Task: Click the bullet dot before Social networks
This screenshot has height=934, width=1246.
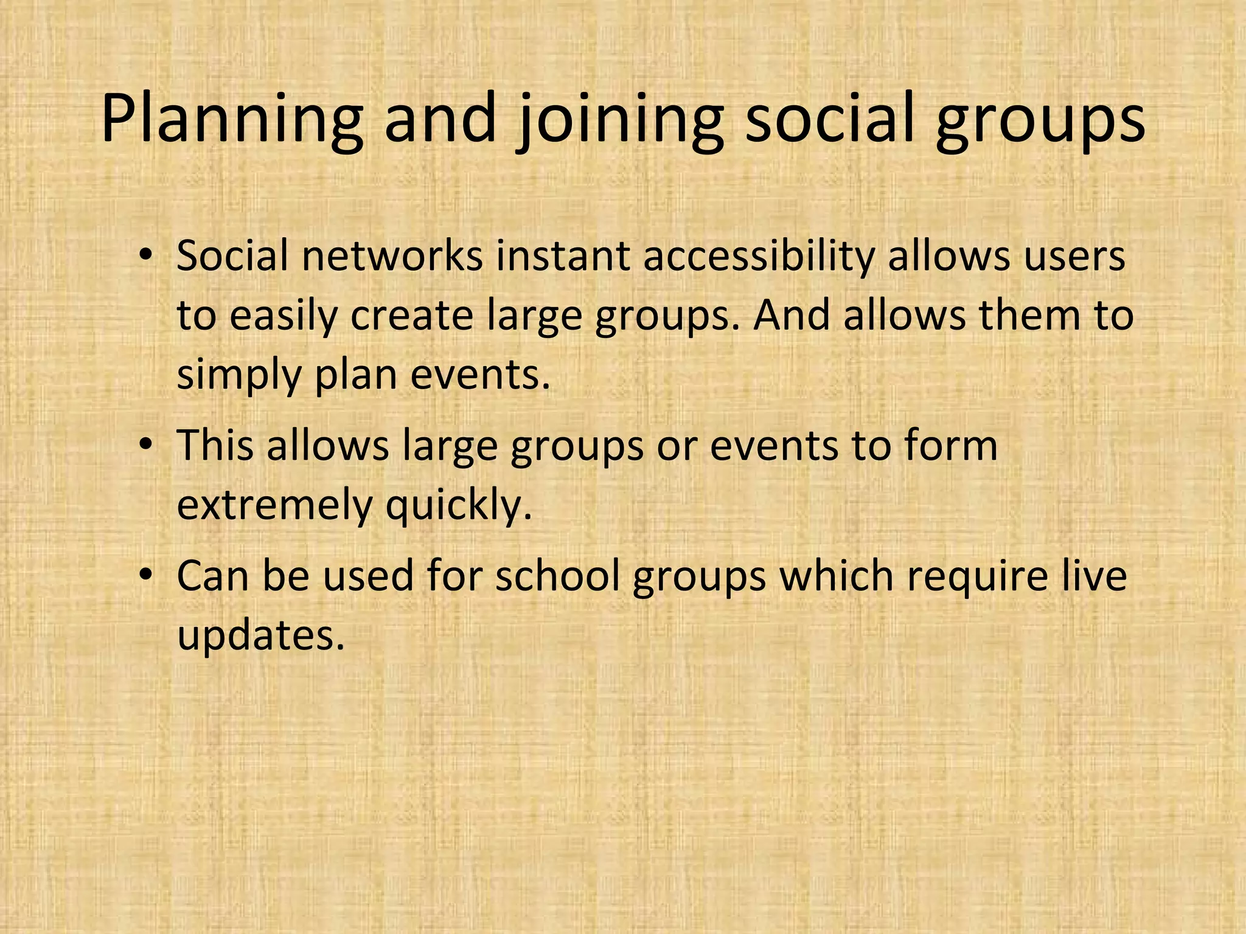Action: pos(144,255)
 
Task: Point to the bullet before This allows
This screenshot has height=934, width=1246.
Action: pos(144,445)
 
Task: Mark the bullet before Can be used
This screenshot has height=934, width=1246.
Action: pos(144,575)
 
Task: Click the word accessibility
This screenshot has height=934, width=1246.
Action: pos(758,257)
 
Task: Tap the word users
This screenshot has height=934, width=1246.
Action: pos(1074,257)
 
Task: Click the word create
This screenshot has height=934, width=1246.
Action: pos(411,316)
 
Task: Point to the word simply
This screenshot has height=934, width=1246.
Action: pos(239,376)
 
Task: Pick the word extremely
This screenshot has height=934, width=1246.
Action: pos(274,506)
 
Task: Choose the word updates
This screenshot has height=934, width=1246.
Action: pos(261,635)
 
